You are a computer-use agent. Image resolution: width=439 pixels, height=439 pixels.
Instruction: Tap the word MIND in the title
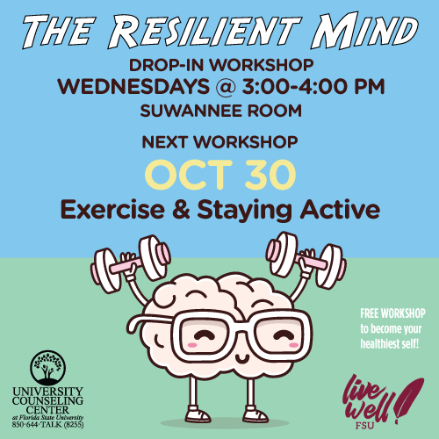(x=363, y=31)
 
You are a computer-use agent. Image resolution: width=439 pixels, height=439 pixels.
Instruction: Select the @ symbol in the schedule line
(x=226, y=87)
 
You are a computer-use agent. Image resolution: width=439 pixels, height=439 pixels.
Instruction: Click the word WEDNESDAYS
(x=133, y=86)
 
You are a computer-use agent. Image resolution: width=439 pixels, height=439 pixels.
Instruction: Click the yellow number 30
(x=270, y=175)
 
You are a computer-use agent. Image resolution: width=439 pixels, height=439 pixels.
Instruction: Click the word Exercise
(x=112, y=210)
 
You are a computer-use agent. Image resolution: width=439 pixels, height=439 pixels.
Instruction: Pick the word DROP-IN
(x=166, y=65)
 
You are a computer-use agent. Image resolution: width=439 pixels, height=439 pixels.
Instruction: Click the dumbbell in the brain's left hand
(x=306, y=259)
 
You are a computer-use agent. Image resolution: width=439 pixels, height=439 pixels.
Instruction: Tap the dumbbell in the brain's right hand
(x=131, y=263)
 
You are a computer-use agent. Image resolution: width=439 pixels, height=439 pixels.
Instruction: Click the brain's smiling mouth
(x=242, y=358)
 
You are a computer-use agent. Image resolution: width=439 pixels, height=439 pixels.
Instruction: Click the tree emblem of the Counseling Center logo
(x=47, y=368)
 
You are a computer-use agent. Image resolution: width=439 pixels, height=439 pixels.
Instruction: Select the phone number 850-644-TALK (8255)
(x=47, y=424)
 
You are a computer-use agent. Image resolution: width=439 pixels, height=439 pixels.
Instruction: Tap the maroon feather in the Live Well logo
(x=409, y=398)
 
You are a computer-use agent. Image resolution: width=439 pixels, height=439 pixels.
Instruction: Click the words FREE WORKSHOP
(x=392, y=313)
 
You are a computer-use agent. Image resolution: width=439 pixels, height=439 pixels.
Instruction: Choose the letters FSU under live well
(x=364, y=426)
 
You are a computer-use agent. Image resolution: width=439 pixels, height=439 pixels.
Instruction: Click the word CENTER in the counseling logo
(x=47, y=409)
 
